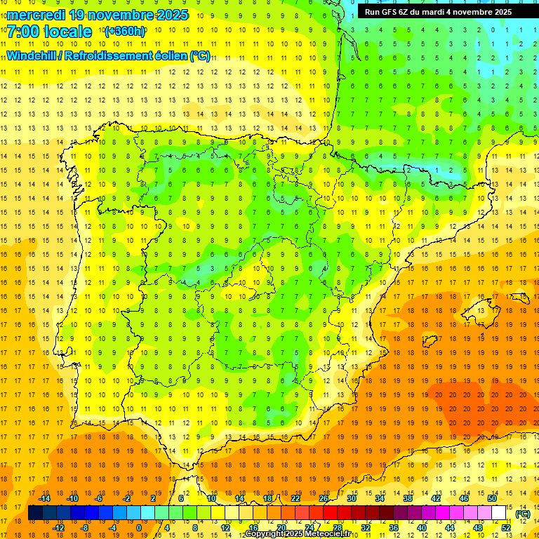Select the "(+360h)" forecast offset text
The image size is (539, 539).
point(126,32)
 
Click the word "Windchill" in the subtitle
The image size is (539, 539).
point(30,55)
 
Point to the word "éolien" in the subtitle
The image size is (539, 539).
point(166,55)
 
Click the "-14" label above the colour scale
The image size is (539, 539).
point(44,498)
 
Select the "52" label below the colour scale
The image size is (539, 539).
point(506,528)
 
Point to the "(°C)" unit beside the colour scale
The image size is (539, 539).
point(523,514)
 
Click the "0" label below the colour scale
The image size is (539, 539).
point(138,528)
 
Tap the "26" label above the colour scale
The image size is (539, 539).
point(324,498)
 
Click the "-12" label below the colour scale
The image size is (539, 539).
point(58,528)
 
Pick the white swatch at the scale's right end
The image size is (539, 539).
point(499,513)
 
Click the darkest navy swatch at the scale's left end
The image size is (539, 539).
point(35,513)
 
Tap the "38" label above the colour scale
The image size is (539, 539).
point(408,498)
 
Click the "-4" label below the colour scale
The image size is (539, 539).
point(113,528)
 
